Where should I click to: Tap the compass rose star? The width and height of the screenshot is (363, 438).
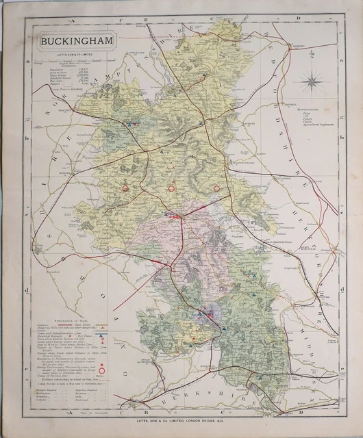(x=312, y=82)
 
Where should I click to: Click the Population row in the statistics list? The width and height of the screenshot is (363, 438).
(x=51, y=68)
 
